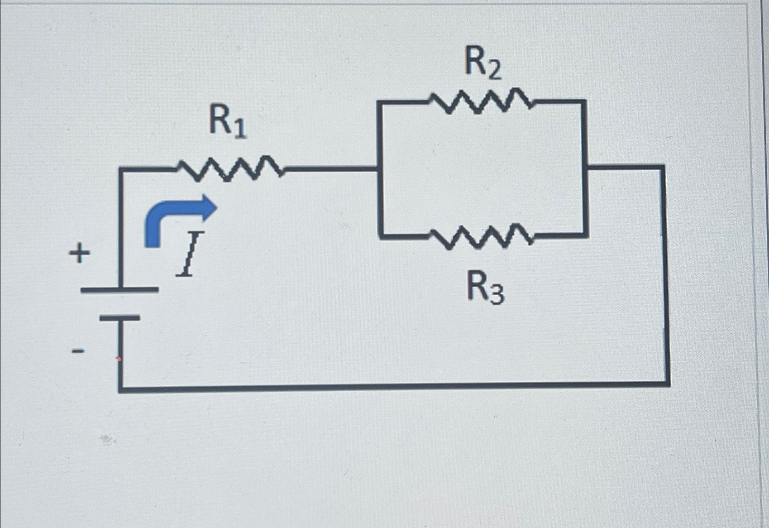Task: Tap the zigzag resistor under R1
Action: (x=230, y=168)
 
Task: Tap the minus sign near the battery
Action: (x=78, y=350)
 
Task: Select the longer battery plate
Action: (x=119, y=290)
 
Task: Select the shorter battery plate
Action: (x=120, y=318)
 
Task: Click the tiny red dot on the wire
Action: (x=118, y=359)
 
